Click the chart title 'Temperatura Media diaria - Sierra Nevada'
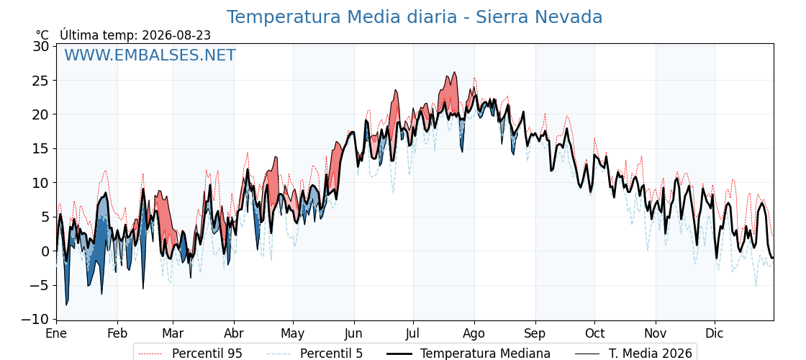(415, 17)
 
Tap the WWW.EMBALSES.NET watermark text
(150, 55)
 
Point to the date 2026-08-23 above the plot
(176, 35)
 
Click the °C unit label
(42, 35)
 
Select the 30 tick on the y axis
(42, 46)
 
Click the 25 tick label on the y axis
(42, 81)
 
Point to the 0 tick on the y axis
(45, 251)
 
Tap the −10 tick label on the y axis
(35, 320)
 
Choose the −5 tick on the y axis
(39, 285)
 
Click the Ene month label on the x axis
(56, 333)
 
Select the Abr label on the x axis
(234, 333)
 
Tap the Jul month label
(413, 333)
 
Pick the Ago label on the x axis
(474, 333)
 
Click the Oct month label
(594, 333)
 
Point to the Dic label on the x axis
(715, 333)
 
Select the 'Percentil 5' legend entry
(315, 354)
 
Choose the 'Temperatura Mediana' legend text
(485, 354)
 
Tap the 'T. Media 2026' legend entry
(650, 354)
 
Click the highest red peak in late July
(454, 73)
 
